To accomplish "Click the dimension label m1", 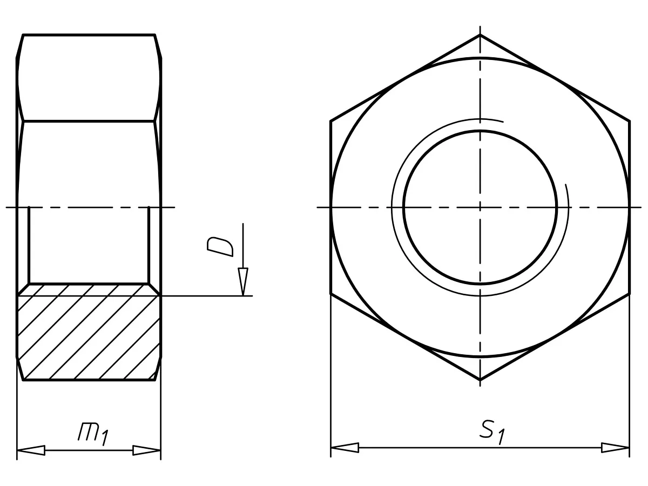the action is click(93, 434).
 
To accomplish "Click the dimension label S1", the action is click(492, 433).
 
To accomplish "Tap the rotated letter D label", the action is click(220, 246).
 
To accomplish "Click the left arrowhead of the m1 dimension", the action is click(31, 450).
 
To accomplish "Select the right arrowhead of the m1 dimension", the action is click(147, 450).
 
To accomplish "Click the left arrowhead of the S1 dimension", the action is click(345, 448).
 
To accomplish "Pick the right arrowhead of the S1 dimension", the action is click(616, 448).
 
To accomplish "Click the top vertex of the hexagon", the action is click(480, 35).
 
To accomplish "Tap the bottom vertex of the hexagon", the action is click(480, 380).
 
